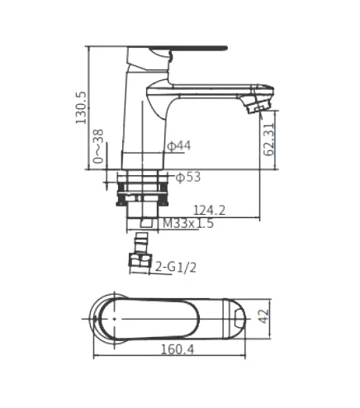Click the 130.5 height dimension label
pos(81,108)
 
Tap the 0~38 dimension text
pos(98,146)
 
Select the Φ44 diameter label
pos(179,146)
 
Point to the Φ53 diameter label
pos(188,178)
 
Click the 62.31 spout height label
pos(269,140)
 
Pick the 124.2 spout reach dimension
pos(210,211)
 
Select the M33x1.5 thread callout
pos(188,223)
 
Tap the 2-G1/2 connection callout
pos(176,267)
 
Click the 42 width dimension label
pos(264,316)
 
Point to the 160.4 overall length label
pos(178,349)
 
